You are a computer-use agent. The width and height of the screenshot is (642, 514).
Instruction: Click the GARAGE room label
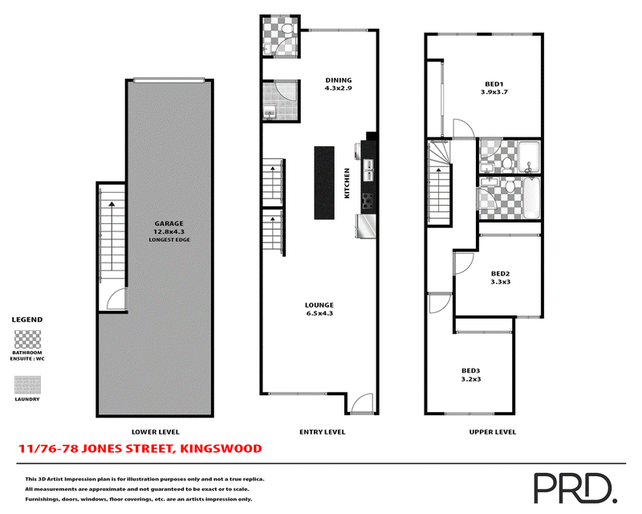tap(169, 223)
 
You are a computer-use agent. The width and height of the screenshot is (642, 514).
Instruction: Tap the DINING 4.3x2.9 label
tap(338, 84)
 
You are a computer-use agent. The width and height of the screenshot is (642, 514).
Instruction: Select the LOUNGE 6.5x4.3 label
tap(319, 309)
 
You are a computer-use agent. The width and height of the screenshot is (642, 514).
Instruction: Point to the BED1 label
tap(494, 84)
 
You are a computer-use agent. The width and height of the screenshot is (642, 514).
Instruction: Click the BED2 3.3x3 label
tap(500, 278)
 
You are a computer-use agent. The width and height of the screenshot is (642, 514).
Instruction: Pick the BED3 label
tap(471, 371)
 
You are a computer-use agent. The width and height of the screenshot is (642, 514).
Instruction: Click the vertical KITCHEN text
tap(347, 183)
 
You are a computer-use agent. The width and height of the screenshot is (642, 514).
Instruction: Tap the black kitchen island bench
tap(324, 182)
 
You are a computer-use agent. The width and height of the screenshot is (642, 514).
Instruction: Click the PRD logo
tap(575, 487)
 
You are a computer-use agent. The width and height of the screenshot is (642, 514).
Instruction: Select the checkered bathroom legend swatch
tap(28, 340)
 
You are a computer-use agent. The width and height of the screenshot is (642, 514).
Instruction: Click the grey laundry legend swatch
tap(28, 385)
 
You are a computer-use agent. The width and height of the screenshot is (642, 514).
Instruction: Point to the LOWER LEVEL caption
tap(155, 431)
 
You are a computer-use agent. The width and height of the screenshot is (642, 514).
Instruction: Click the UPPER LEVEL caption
tap(493, 431)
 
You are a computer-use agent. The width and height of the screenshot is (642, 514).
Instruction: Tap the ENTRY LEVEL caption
tap(323, 431)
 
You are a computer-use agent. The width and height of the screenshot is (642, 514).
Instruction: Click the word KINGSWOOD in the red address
tap(221, 448)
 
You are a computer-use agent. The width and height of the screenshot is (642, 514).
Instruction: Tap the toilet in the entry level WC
tap(289, 29)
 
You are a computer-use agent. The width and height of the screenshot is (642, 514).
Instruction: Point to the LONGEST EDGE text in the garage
tap(169, 240)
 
